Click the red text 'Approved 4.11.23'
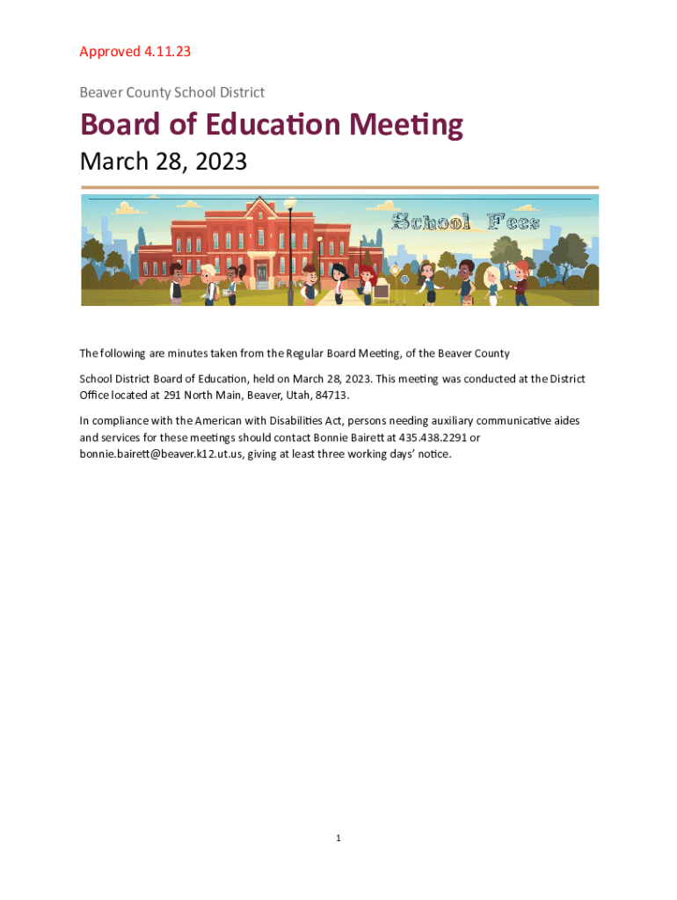click(135, 51)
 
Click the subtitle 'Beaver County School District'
click(171, 92)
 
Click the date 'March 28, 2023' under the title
click(164, 163)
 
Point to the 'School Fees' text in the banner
click(465, 221)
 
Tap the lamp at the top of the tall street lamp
click(290, 204)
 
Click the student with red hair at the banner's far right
click(521, 281)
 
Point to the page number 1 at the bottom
click(338, 838)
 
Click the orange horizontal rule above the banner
click(339, 187)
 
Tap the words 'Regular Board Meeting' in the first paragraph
click(340, 353)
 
